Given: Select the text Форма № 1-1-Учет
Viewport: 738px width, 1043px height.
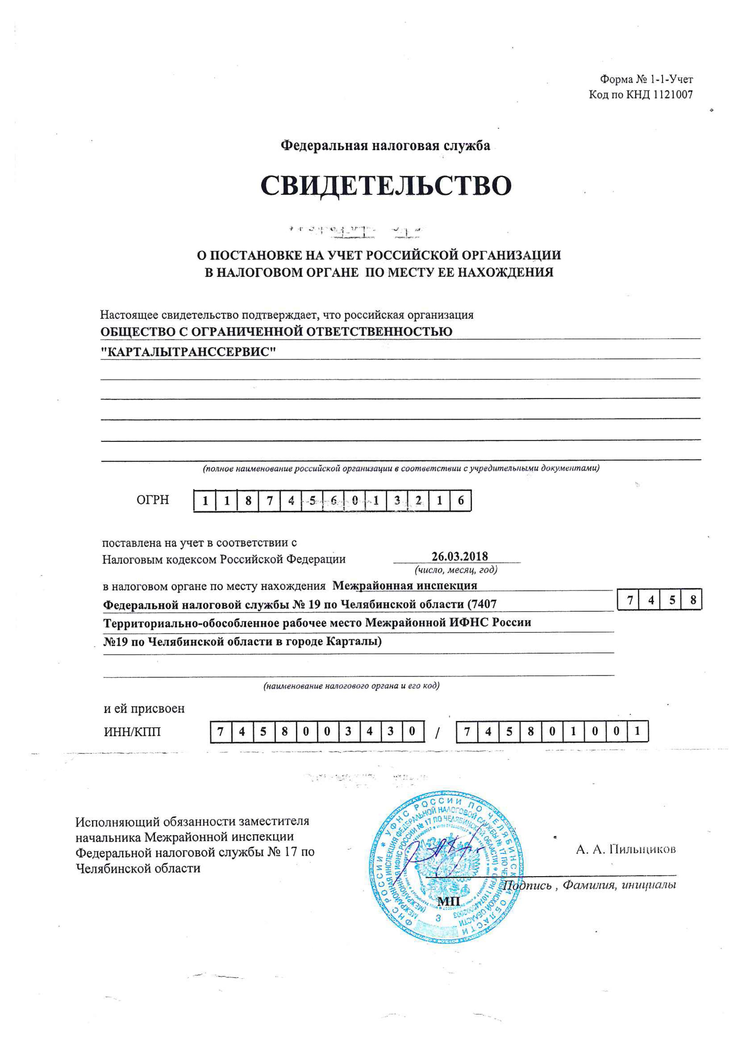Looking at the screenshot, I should pyautogui.click(x=646, y=79).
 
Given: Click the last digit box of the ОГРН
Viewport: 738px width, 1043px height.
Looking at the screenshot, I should pyautogui.click(x=460, y=501).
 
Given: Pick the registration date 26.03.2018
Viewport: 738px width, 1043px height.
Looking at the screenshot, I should pyautogui.click(x=459, y=556).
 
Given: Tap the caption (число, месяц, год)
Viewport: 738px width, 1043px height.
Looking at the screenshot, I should pyautogui.click(x=456, y=570).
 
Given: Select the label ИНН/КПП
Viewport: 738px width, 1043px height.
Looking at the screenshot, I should pyautogui.click(x=132, y=732).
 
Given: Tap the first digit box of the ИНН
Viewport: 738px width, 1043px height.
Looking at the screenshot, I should pyautogui.click(x=221, y=732).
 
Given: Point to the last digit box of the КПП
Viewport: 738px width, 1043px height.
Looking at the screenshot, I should pyautogui.click(x=637, y=732).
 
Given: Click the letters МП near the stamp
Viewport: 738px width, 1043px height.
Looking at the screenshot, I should pyautogui.click(x=448, y=901).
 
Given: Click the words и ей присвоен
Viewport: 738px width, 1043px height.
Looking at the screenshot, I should pyautogui.click(x=144, y=709).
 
